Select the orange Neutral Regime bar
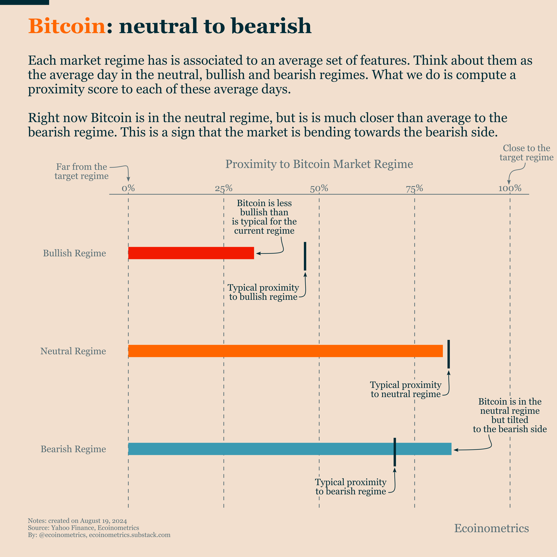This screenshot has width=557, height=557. (x=285, y=351)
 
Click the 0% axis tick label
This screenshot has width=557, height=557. (x=128, y=188)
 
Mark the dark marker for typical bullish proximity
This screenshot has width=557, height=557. (x=305, y=256)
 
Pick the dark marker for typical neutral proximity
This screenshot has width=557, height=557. (x=448, y=354)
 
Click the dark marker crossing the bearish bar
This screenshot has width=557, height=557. (x=395, y=452)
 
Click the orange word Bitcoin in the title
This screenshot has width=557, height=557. (x=67, y=26)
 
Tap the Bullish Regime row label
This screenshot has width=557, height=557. (x=74, y=253)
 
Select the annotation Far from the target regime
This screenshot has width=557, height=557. (x=82, y=171)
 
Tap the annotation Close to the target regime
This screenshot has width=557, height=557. (x=527, y=152)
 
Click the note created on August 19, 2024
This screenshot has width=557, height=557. (x=77, y=521)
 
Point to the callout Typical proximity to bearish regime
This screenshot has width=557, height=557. (x=351, y=487)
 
